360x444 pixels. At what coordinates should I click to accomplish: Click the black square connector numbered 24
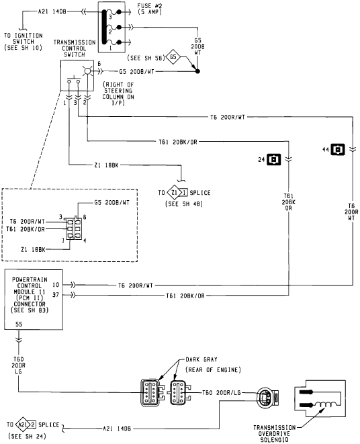273,159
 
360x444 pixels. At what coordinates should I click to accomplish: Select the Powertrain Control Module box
34,294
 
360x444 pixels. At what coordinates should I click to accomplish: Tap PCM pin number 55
18,324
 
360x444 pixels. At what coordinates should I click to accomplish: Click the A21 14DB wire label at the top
53,11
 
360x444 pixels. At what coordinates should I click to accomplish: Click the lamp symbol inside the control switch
87,71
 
